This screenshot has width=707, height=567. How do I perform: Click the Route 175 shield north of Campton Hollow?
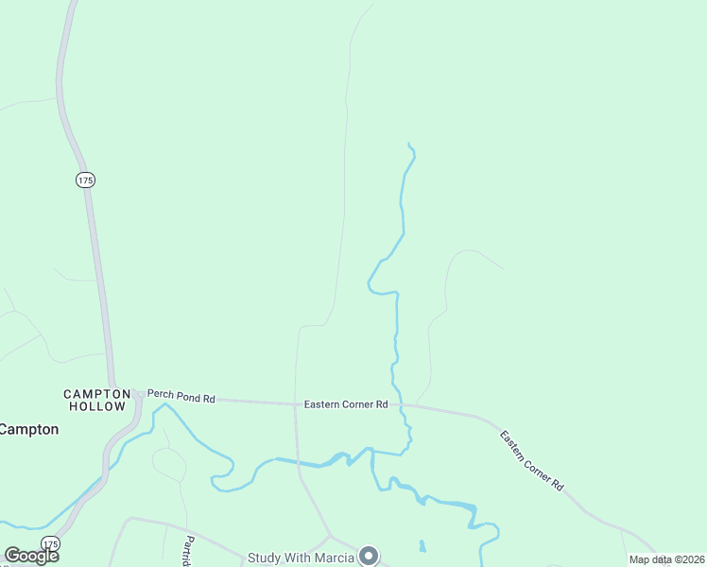coord(86,180)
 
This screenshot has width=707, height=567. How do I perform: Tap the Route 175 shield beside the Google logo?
coord(51,543)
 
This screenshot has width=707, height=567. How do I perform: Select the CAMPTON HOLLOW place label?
coord(95,400)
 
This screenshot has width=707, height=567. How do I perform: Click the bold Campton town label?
coord(28,429)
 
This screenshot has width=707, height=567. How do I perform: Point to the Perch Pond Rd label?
coord(181,399)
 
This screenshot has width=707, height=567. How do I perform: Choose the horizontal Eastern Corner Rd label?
coord(346,404)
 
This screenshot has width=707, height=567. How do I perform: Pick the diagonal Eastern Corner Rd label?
coord(532,460)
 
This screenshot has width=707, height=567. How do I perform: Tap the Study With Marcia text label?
coord(301,557)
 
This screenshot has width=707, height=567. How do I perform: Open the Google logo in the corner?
coord(31,556)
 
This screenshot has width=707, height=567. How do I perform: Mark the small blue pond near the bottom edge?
coord(422,545)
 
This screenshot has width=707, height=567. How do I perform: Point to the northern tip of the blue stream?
coord(408,144)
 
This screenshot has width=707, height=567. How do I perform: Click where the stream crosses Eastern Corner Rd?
coord(397,404)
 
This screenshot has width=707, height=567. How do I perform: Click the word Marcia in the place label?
coord(334,557)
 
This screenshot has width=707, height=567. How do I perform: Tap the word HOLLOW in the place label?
coord(96,406)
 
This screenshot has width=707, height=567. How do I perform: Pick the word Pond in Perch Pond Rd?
coord(181,399)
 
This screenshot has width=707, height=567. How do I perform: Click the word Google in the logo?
coord(31,556)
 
